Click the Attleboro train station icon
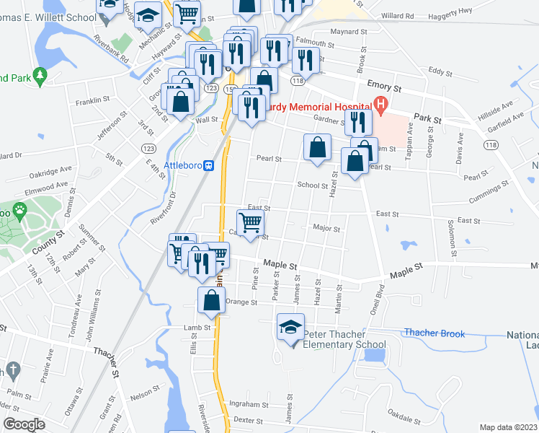(209, 165)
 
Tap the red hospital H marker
(380, 105)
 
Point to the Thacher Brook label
(434, 333)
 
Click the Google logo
(23, 424)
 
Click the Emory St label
(383, 86)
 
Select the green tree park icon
(40, 75)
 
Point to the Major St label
(326, 229)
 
